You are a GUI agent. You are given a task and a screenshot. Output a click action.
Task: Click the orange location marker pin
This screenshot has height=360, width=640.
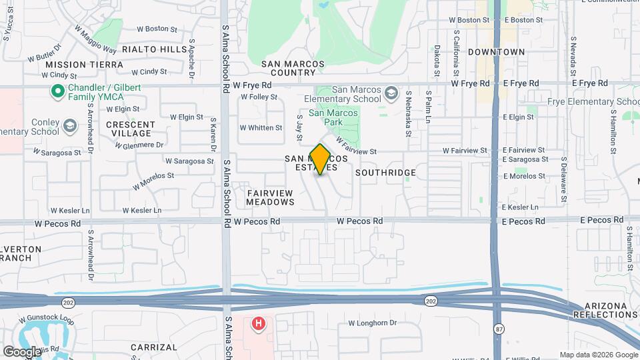coord(321,159)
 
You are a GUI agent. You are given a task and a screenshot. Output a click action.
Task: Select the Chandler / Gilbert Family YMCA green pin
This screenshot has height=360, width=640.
coord(58,91)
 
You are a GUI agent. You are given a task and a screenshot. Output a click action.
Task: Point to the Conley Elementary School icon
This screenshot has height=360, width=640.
coord(69,125)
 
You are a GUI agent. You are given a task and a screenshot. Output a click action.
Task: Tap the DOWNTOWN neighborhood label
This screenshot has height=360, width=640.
coord(496,51)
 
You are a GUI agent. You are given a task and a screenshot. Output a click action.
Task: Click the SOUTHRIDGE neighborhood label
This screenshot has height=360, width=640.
coord(385,173)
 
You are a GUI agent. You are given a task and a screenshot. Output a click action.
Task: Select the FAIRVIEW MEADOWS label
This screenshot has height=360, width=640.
coord(270,197)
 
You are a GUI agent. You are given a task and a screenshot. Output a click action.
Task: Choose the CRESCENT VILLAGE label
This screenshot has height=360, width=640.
coord(130,129)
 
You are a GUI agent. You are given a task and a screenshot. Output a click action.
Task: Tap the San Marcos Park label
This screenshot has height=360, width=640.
coord(342,118)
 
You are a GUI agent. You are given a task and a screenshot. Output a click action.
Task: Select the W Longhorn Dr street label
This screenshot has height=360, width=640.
coord(372,323)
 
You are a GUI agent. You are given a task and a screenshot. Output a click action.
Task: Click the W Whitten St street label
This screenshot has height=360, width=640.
coord(261,127)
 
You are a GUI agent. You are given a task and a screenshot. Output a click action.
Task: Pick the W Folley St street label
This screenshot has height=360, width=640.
coord(259,97)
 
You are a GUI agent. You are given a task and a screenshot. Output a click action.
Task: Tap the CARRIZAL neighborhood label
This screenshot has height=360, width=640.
coord(154,347)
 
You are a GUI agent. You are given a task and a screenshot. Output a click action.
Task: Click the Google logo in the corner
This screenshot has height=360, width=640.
coord(22,351)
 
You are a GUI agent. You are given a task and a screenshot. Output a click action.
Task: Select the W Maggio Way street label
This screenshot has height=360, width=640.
coord(95,40)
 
